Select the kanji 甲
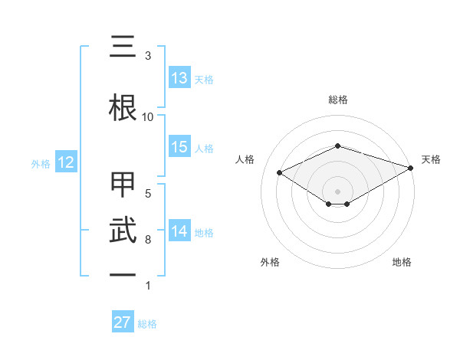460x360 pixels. click(x=123, y=186)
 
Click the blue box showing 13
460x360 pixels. click(x=179, y=78)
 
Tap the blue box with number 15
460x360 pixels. click(x=179, y=147)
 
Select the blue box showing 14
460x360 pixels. click(x=179, y=231)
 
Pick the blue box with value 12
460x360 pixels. click(x=65, y=162)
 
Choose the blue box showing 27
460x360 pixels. click(x=123, y=322)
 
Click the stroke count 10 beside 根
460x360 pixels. click(x=148, y=116)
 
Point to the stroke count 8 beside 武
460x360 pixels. click(x=148, y=240)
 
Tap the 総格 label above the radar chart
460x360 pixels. click(x=337, y=100)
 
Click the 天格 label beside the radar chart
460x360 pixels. click(x=432, y=159)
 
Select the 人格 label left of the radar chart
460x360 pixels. click(x=245, y=159)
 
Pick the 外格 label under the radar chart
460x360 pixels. click(x=270, y=262)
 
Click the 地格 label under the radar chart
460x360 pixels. click(x=402, y=262)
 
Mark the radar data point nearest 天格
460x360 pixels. click(x=412, y=167)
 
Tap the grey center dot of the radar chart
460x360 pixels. click(x=337, y=191)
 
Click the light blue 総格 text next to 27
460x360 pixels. click(x=147, y=324)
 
